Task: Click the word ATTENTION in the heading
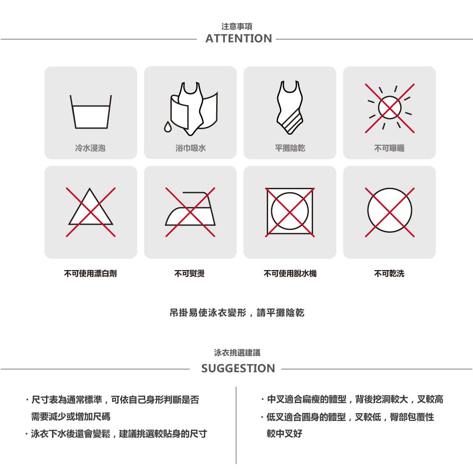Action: [x=238, y=39]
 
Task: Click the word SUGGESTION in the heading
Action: [x=238, y=368]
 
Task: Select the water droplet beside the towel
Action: [x=167, y=127]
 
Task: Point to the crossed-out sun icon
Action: [x=390, y=108]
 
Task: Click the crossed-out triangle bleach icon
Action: [x=90, y=212]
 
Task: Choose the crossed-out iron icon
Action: [x=190, y=212]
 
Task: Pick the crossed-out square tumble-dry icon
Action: [x=290, y=212]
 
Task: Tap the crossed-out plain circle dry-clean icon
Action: [x=390, y=212]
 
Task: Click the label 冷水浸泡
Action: [x=90, y=148]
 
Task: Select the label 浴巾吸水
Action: [x=190, y=148]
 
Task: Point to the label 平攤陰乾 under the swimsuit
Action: [x=290, y=148]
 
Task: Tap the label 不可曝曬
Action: [x=389, y=148]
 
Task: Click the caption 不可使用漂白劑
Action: [x=90, y=273]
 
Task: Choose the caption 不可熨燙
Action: [x=190, y=273]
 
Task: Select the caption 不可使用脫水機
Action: [x=290, y=273]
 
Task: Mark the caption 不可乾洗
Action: [x=389, y=273]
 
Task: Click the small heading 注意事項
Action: [x=237, y=26]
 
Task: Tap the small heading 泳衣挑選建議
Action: [x=237, y=353]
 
